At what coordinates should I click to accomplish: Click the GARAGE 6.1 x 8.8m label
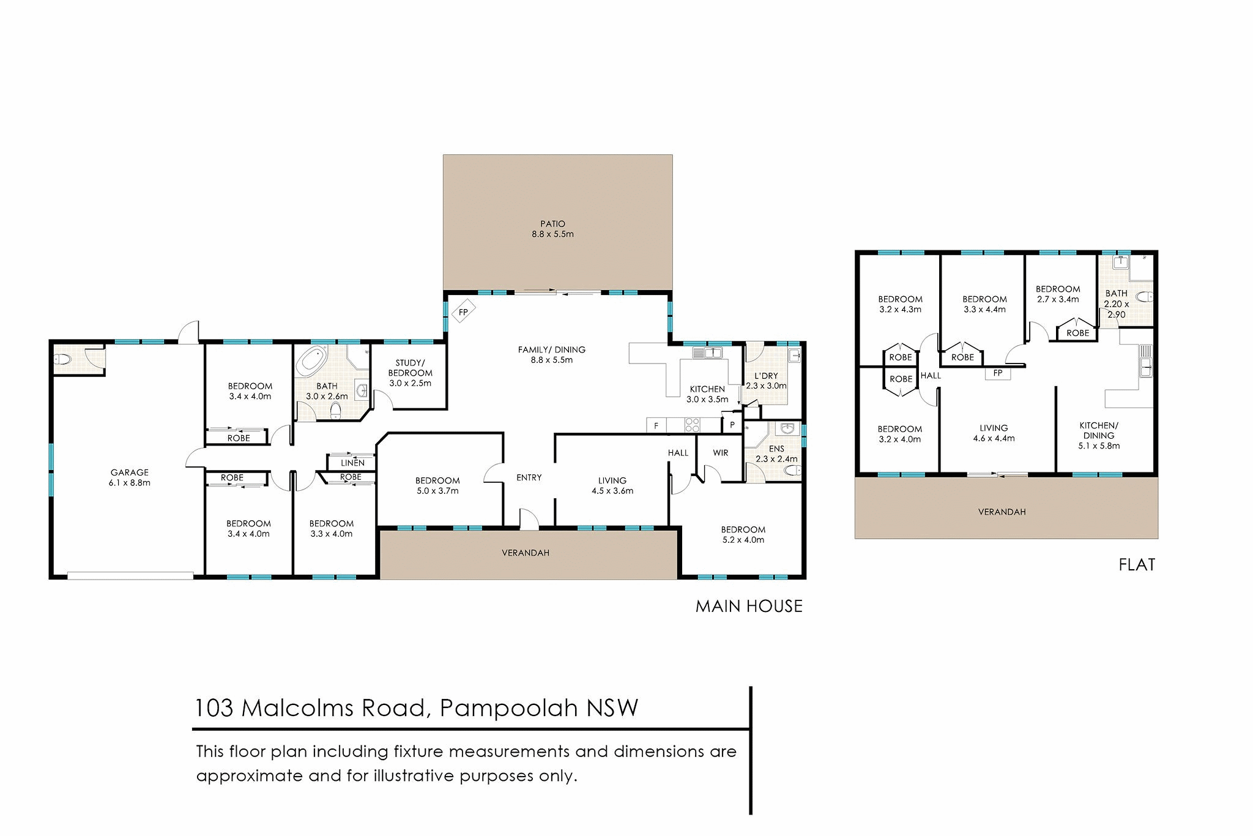(x=130, y=477)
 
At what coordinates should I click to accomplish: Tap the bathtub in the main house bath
(x=312, y=360)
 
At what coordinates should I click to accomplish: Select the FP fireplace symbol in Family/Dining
(x=463, y=312)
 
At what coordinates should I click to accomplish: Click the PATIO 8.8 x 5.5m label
(x=552, y=229)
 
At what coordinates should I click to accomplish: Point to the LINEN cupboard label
(x=352, y=463)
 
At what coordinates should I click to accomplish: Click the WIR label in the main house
(x=721, y=453)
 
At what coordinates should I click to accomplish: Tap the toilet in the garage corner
(x=62, y=359)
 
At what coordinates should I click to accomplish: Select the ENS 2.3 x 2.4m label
(x=776, y=453)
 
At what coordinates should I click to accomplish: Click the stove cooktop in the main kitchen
(x=692, y=425)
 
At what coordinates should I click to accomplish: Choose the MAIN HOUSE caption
(x=749, y=606)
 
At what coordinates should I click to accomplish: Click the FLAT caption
(x=1137, y=564)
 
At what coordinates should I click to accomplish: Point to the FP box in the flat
(x=997, y=373)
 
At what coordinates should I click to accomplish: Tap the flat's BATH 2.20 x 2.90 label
(x=1117, y=304)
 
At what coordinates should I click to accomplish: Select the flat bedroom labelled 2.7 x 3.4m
(x=1058, y=294)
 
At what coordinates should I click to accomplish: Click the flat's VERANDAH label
(x=1002, y=512)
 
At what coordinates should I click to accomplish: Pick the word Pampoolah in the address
(x=509, y=708)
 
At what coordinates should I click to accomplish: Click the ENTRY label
(x=529, y=477)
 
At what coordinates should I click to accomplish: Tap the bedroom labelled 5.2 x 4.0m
(x=743, y=534)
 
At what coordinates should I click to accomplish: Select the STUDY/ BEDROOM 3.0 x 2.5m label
(x=410, y=373)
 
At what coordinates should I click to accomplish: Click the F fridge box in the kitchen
(x=656, y=425)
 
